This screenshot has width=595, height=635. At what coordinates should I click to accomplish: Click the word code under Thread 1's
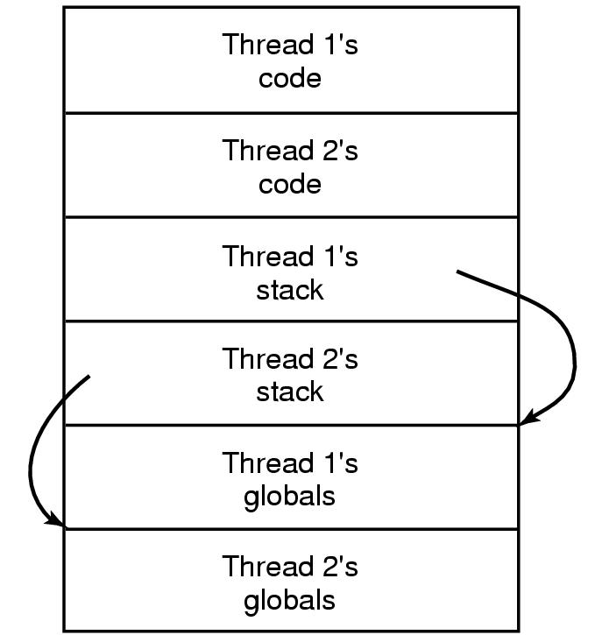pyautogui.click(x=289, y=79)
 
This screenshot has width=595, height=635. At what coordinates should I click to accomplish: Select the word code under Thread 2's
pyautogui.click(x=289, y=185)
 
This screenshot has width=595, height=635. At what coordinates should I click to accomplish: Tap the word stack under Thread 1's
pyautogui.click(x=289, y=290)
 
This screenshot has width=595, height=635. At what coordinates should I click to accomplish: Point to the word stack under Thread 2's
pyautogui.click(x=289, y=392)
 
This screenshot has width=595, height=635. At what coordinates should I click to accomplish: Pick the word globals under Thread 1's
pyautogui.click(x=289, y=497)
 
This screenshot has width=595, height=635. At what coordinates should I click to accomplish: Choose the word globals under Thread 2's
pyautogui.click(x=289, y=601)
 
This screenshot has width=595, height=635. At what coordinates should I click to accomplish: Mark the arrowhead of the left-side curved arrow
pyautogui.click(x=57, y=523)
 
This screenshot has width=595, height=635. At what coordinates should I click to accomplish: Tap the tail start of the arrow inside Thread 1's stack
pyautogui.click(x=458, y=272)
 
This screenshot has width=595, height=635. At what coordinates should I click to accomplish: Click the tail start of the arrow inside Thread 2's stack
pyautogui.click(x=89, y=377)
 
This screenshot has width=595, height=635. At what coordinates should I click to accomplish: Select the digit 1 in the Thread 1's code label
pyautogui.click(x=330, y=45)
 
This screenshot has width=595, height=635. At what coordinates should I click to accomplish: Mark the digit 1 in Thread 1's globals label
pyautogui.click(x=330, y=462)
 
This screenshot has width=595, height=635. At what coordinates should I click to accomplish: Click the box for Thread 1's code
pyautogui.click(x=131, y=60)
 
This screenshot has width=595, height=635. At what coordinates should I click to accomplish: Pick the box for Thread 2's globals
pyautogui.click(x=131, y=581)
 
